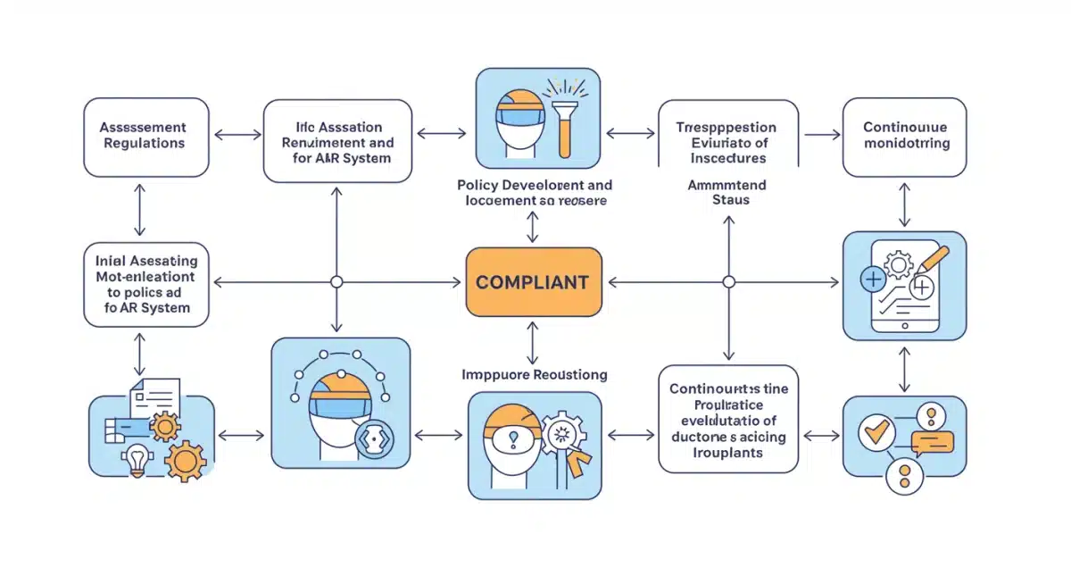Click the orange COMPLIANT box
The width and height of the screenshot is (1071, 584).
(534, 282)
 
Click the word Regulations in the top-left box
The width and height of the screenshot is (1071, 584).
(145, 143)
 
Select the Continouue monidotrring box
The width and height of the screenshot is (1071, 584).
(905, 136)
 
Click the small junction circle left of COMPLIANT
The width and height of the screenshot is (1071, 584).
(336, 282)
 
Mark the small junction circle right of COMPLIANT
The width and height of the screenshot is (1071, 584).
(728, 282)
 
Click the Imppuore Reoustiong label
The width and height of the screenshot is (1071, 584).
(534, 374)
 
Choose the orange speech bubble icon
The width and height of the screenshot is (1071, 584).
(932, 441)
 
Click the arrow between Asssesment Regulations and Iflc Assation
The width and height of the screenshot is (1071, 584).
(237, 136)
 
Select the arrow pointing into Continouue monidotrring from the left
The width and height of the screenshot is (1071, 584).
(821, 136)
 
